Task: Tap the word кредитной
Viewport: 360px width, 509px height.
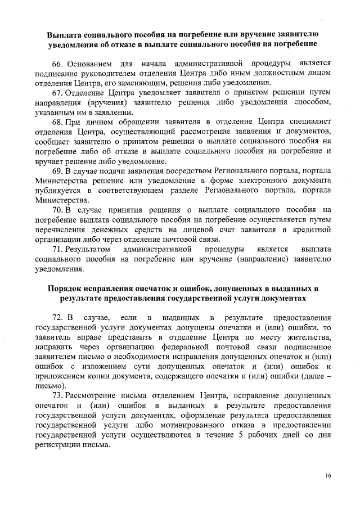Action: click(313, 229)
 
